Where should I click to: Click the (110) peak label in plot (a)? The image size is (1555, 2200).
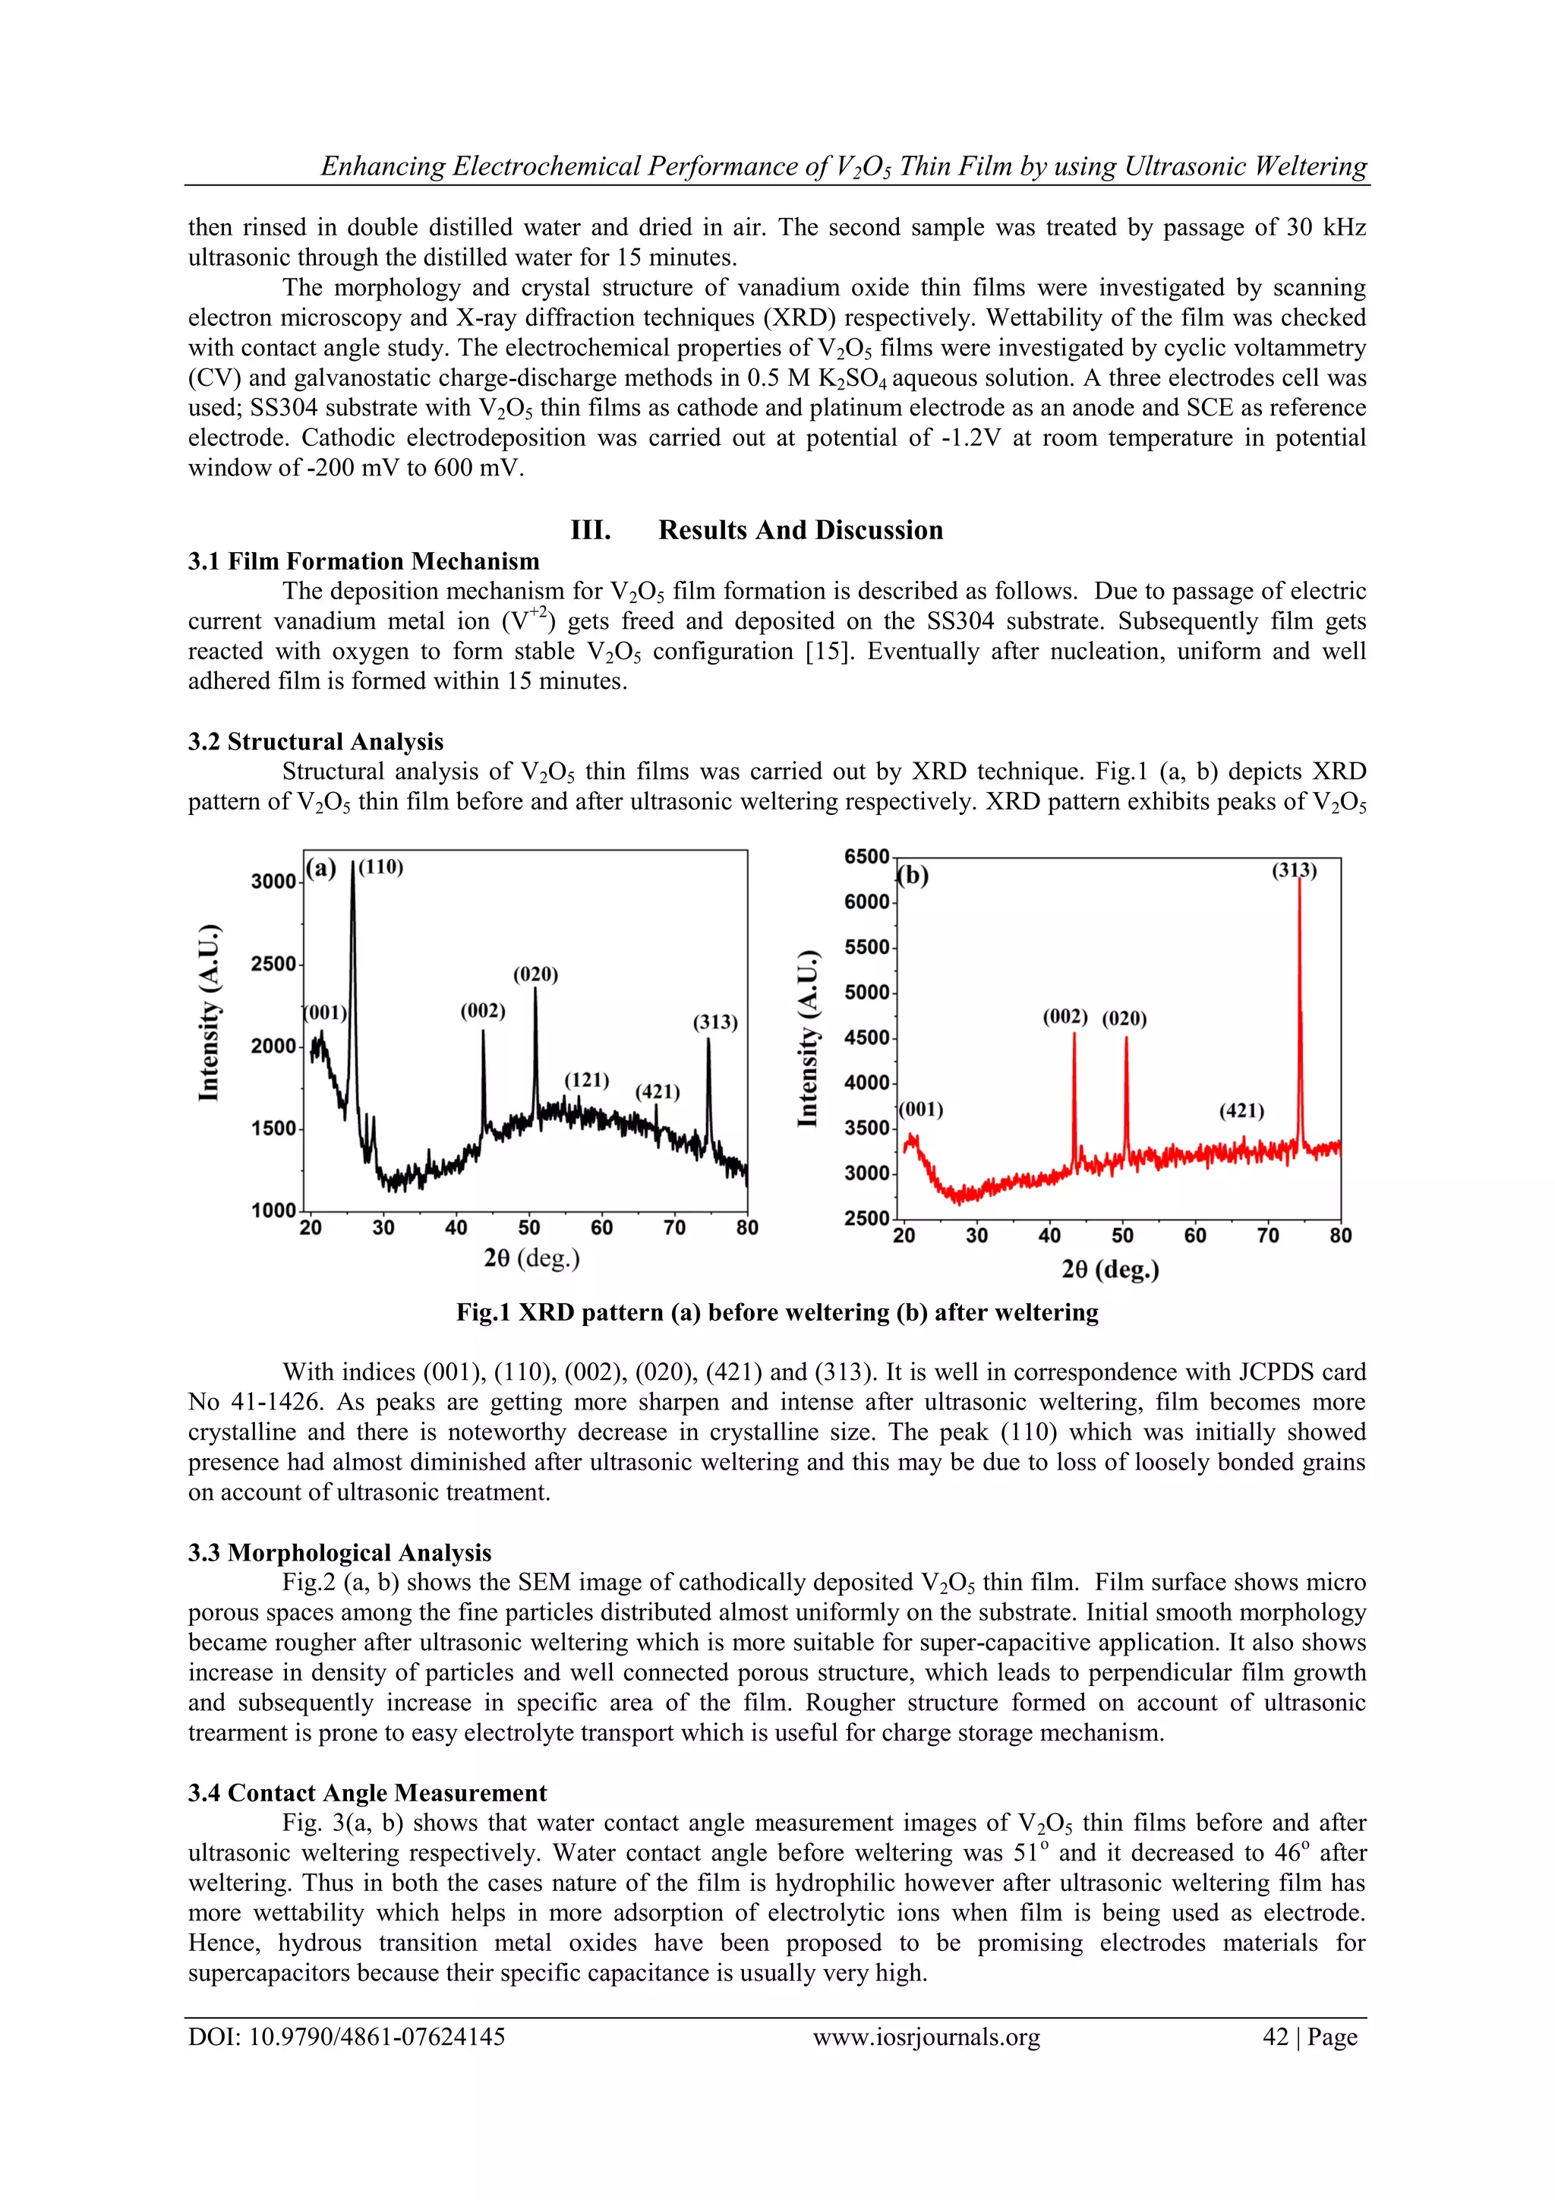380,867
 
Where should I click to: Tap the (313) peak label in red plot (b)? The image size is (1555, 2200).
1294,870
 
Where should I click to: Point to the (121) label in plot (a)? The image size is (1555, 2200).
586,1080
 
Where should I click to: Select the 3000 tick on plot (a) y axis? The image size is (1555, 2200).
273,882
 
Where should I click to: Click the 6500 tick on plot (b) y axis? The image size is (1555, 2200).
866,856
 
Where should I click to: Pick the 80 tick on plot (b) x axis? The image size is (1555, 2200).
1339,1236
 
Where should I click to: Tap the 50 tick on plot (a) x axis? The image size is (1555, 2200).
529,1227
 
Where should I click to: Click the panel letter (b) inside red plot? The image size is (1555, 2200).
913,876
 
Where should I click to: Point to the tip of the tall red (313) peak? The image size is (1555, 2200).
1299,879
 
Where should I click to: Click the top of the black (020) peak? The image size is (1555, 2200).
535,990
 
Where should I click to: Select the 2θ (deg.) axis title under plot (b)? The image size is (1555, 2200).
1109,1270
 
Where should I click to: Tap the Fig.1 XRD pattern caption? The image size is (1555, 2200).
776,1311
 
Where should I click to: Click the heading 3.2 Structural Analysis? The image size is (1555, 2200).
315,742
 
